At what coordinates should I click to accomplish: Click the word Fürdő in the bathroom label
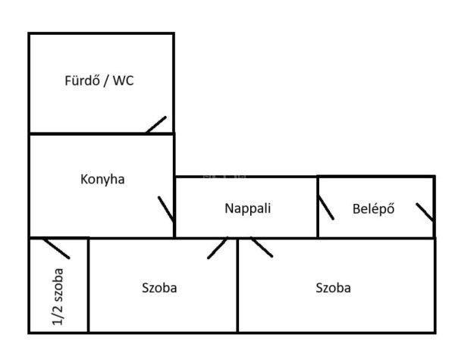click(82, 80)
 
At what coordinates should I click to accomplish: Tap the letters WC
click(124, 80)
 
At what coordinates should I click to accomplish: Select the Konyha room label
click(102, 180)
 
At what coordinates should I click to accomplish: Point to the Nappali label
click(248, 208)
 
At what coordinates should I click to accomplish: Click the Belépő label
click(373, 208)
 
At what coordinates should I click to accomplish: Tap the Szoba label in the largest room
click(333, 288)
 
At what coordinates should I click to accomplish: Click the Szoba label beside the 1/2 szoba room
click(159, 288)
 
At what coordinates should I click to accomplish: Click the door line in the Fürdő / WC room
click(156, 125)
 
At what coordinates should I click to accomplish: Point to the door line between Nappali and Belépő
click(326, 208)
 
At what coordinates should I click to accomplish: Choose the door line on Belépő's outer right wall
click(425, 212)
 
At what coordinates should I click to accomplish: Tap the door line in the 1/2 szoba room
click(56, 249)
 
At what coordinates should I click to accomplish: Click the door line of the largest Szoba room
click(262, 247)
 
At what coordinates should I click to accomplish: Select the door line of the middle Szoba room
click(218, 248)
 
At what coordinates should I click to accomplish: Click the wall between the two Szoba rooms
click(237, 285)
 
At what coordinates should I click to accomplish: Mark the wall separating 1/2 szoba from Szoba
click(88, 285)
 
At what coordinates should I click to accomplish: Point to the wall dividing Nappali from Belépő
click(318, 207)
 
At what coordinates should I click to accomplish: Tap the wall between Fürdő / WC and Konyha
click(102, 133)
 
